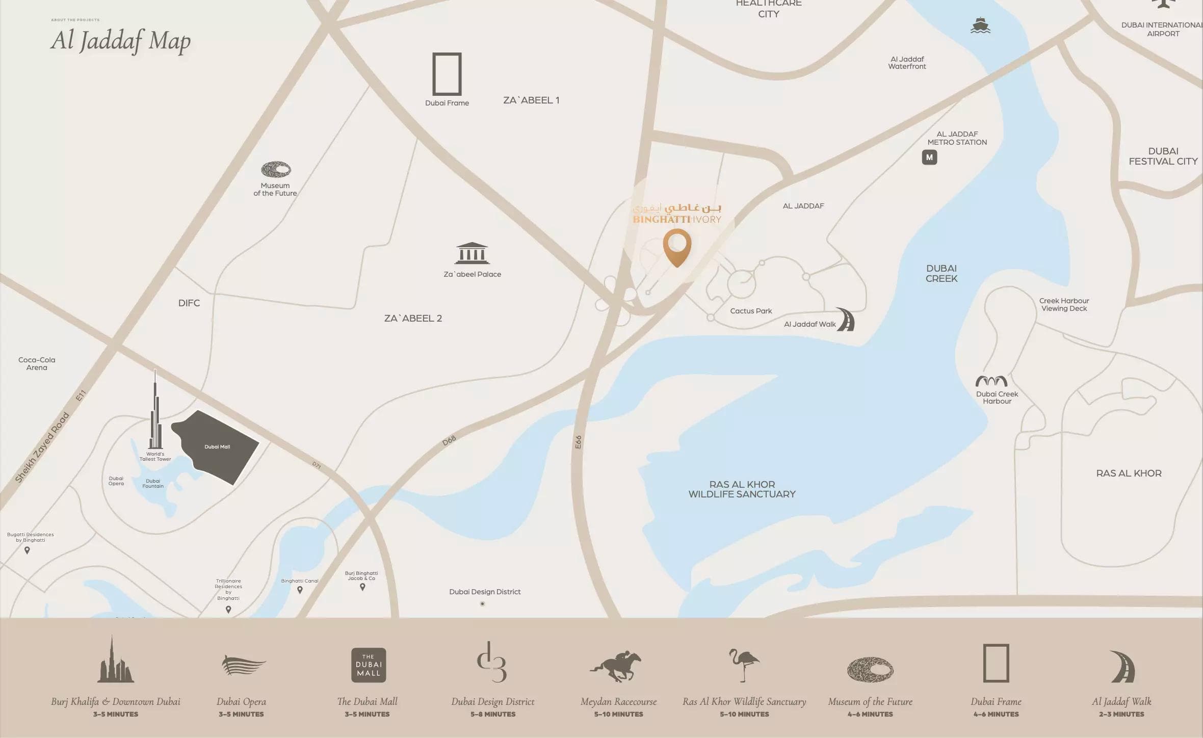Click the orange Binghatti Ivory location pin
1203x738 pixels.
click(x=677, y=247)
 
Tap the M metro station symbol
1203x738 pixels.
click(x=929, y=157)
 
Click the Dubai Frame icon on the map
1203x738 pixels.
click(x=447, y=74)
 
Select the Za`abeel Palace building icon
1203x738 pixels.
click(x=472, y=253)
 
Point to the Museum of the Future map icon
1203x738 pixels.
click(x=276, y=169)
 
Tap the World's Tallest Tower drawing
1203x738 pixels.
click(x=155, y=413)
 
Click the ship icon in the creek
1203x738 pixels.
click(x=980, y=25)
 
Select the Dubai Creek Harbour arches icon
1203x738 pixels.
click(x=991, y=381)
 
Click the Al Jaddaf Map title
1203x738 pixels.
click(x=121, y=40)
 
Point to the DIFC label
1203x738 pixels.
click(x=189, y=303)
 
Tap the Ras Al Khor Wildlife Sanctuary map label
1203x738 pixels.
click(x=742, y=489)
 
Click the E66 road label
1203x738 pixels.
click(x=578, y=442)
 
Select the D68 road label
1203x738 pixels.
click(x=449, y=441)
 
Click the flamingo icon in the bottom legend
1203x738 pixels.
click(x=744, y=665)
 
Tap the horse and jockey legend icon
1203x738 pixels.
click(x=616, y=666)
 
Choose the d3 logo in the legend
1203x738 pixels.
click(x=492, y=663)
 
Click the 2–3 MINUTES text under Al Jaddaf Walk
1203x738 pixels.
click(x=1121, y=715)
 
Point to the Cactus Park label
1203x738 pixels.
click(x=751, y=311)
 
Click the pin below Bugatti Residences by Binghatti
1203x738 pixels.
click(x=28, y=550)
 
